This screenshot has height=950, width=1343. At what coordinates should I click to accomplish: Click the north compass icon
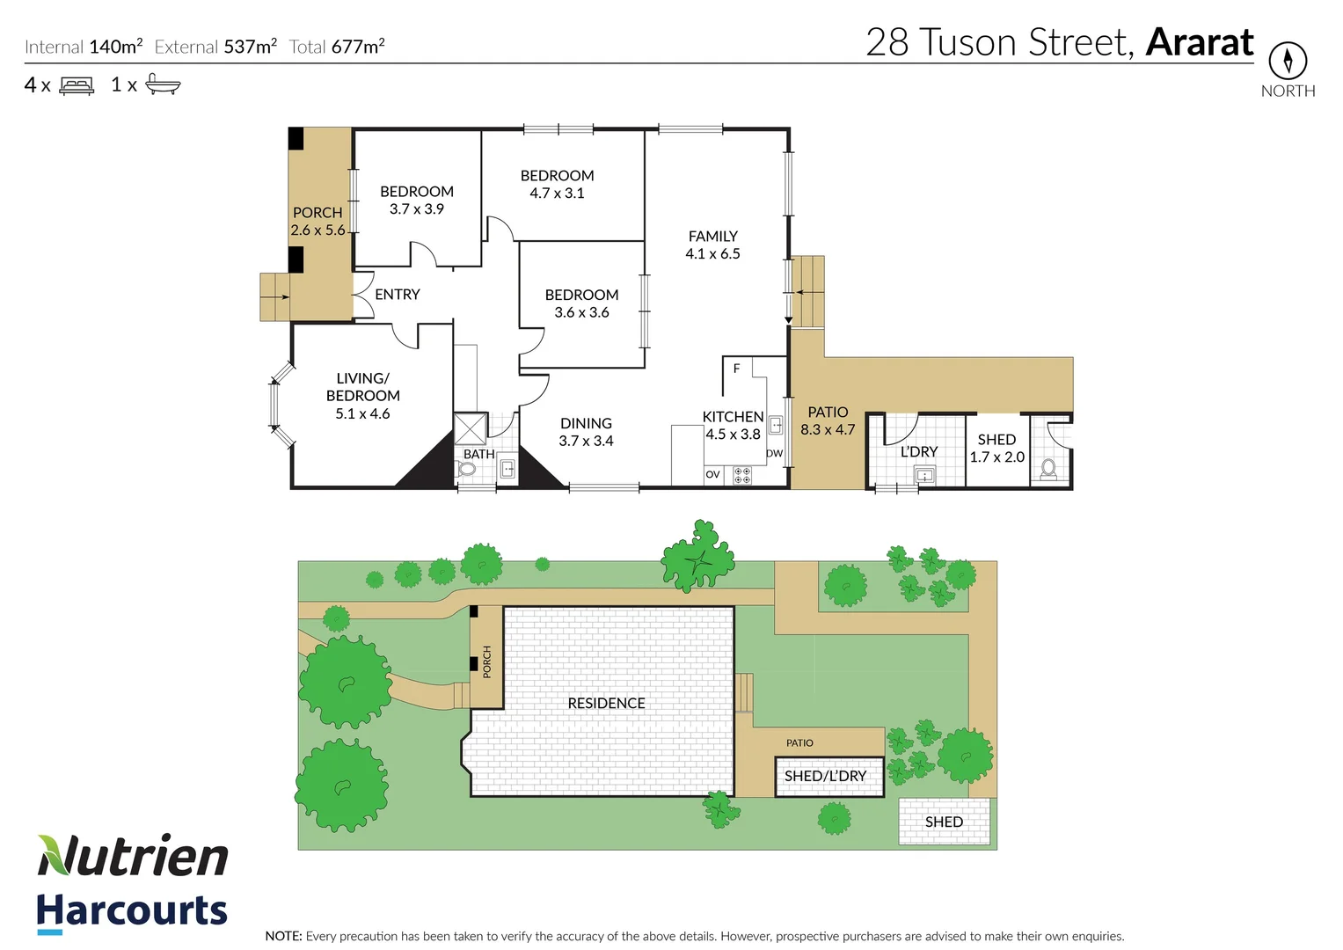pos(1288,61)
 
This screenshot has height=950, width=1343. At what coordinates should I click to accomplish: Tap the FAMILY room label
pos(712,237)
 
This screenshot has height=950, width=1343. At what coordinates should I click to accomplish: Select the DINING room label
pos(586,424)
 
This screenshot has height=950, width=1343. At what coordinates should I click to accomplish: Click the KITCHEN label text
pos(733,417)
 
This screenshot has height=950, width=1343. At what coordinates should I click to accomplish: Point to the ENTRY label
pos(398,295)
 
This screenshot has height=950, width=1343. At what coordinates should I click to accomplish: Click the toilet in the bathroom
pos(467,470)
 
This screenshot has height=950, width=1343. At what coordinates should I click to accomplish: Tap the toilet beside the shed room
pos(1048,468)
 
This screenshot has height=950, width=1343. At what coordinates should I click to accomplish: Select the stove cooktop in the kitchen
pos(742,475)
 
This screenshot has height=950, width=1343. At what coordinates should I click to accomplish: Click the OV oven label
pos(712,475)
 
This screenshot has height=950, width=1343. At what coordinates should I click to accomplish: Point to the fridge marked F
pos(737,369)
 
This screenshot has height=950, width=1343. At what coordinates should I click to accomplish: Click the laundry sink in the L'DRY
pos(924,475)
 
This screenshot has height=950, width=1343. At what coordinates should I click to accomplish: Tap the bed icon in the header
pos(77,86)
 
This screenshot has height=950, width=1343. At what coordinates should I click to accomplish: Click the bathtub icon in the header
pos(163,84)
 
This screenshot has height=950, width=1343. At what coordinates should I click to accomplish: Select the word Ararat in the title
pos(1200,42)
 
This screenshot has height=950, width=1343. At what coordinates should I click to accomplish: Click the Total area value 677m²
pos(357,47)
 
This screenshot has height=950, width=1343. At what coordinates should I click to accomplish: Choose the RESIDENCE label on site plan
pos(606,704)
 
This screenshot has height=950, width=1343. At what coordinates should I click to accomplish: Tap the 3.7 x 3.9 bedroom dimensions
pos(417,209)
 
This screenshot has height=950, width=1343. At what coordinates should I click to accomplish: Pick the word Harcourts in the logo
pos(132,910)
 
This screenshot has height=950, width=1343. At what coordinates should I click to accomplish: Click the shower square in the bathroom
pos(471,428)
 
